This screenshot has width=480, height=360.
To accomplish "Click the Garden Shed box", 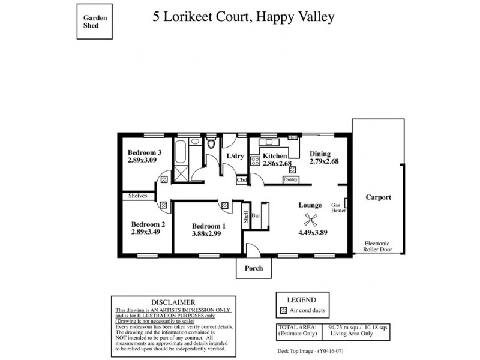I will point(95,22).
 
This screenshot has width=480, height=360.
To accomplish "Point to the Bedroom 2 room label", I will point(148,224).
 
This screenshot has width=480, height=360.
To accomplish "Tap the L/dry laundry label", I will point(235,156).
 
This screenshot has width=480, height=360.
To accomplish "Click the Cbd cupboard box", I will point(242,179).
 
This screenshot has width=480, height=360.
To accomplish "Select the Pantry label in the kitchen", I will point(291,179).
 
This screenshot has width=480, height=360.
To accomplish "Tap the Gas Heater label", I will point(339,208).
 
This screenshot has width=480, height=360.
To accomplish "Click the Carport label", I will point(379,197).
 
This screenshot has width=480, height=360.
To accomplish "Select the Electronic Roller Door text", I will point(379,246).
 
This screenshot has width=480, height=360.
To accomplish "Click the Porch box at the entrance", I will point(253,268).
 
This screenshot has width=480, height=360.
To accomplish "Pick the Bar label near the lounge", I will point(256,215).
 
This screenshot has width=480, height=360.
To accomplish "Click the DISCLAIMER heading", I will point(172,302).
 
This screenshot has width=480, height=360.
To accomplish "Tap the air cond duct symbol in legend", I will point(284,311).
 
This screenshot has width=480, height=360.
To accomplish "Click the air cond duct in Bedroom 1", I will point(224,205).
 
